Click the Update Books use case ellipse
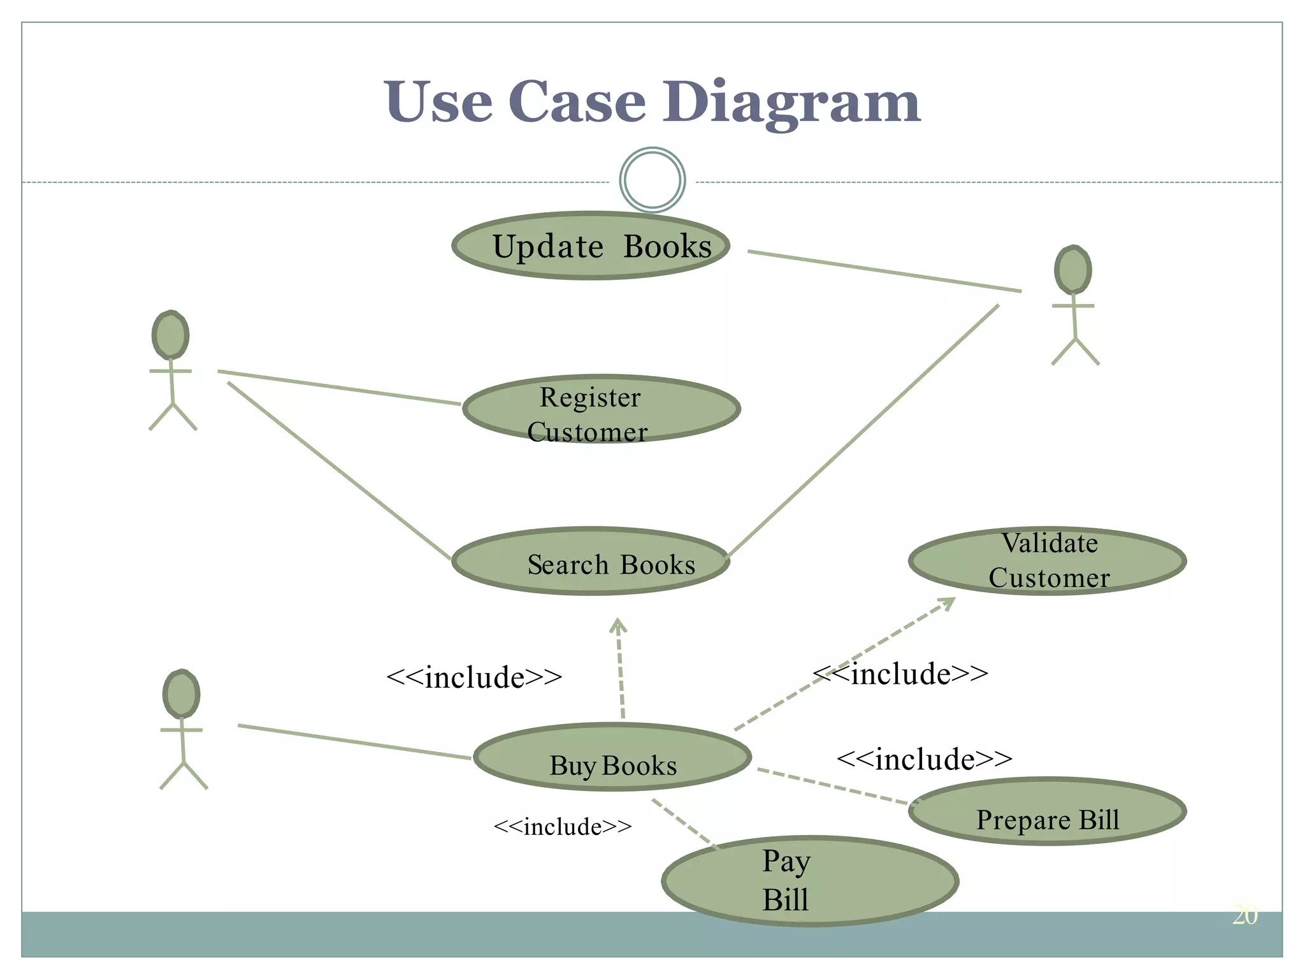[591, 245]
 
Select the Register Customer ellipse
[601, 409]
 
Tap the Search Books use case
[591, 561]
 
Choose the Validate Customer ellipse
[1047, 561]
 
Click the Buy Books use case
[612, 757]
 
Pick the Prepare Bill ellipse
[1047, 811]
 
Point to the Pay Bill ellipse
[810, 881]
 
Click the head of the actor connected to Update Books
[1073, 270]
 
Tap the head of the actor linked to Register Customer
[171, 335]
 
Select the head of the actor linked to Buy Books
[182, 694]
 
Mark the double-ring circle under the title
[652, 180]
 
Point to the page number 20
[1244, 915]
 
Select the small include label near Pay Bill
[563, 827]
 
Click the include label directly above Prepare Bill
[924, 758]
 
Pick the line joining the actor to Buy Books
[354, 741]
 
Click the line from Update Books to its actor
[884, 272]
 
